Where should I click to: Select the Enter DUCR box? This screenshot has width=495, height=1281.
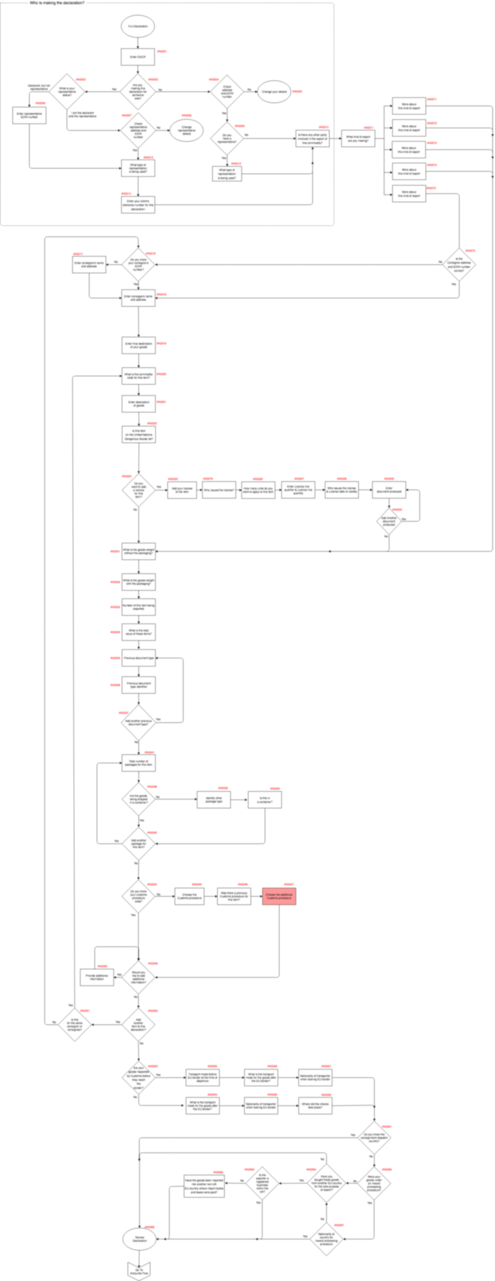138,57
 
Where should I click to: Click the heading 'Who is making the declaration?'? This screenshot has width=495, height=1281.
57,3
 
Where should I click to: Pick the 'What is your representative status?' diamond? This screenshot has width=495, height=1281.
67,92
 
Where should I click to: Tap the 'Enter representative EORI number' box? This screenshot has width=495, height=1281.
29,115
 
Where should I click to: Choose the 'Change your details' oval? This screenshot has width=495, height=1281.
274,92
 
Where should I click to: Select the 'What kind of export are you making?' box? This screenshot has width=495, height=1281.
358,139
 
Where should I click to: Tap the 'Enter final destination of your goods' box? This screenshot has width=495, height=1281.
139,346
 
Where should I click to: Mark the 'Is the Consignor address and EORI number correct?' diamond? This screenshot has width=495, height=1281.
459,264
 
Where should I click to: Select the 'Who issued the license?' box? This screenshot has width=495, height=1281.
219,490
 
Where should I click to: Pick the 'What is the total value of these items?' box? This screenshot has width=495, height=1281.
139,632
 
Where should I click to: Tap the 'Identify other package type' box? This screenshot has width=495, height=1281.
214,800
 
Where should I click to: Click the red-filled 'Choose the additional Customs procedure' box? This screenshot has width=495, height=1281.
279,896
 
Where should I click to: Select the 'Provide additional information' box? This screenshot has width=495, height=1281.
97,977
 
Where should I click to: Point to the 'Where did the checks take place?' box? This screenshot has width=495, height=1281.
315,1106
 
